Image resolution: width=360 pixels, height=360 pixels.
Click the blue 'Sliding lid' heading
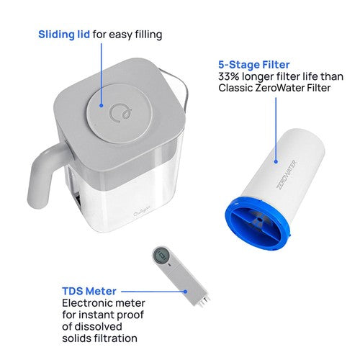click(64, 35)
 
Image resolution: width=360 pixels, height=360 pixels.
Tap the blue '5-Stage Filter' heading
click(254, 65)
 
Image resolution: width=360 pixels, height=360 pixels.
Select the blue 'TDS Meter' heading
click(89, 291)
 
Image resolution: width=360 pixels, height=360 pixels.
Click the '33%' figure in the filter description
click(229, 76)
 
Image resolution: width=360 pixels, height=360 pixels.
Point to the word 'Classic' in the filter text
click(235, 88)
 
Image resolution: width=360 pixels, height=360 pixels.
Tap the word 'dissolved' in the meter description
click(99, 326)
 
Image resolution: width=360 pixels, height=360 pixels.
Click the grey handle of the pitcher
click(45, 175)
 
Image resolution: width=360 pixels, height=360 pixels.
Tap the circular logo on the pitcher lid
click(121, 113)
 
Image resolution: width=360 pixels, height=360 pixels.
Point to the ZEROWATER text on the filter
click(287, 174)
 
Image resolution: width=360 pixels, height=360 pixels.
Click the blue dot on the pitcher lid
click(102, 105)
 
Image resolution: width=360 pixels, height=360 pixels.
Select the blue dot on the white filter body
click(276, 162)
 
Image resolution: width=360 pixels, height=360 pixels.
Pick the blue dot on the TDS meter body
click(185, 292)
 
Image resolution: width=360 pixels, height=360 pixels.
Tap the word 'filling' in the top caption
click(148, 35)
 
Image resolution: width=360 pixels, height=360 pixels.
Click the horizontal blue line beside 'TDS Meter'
click(153, 292)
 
